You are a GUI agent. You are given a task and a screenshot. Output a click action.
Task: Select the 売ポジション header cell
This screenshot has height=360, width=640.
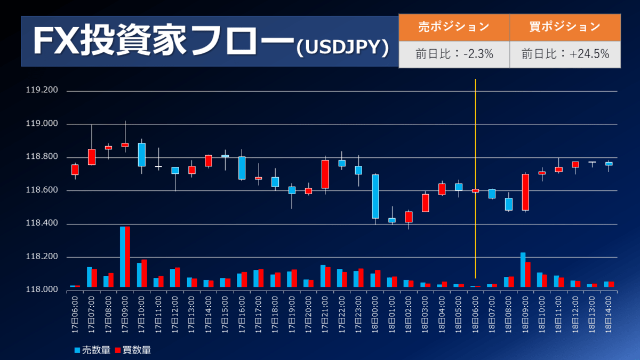click(454, 27)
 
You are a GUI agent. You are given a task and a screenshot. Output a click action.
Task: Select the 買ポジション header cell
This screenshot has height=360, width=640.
click(565, 27)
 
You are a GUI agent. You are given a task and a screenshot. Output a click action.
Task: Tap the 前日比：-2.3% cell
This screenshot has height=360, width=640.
click(454, 54)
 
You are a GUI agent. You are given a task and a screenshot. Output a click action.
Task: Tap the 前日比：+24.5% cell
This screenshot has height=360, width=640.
click(565, 54)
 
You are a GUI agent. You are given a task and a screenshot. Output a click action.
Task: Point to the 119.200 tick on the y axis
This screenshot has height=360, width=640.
click(42, 91)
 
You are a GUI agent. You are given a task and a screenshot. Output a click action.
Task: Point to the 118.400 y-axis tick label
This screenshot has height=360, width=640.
click(42, 224)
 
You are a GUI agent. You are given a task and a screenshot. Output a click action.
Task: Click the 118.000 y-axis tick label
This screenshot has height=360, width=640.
click(42, 290)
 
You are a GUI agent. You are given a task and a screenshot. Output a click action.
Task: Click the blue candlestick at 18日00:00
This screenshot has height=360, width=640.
click(375, 196)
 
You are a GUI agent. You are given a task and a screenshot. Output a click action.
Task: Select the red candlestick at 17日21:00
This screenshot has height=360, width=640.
click(325, 174)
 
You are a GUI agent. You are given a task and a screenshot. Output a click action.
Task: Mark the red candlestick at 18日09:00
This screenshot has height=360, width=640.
click(525, 192)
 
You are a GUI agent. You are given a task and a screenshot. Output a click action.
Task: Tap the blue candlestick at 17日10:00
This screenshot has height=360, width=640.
click(142, 155)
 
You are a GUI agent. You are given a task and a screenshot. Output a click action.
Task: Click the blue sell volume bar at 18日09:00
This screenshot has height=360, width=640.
click(523, 270)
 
